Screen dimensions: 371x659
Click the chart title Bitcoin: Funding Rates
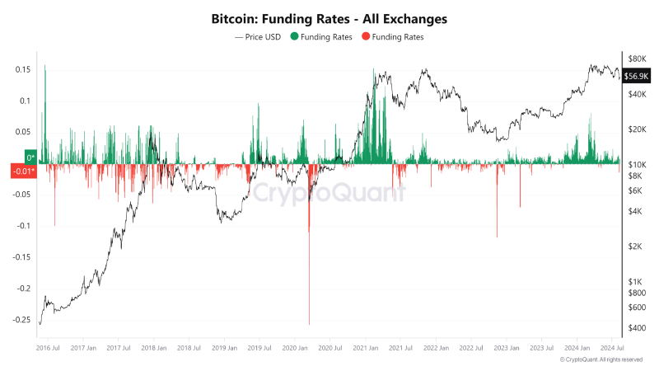(x=329, y=17)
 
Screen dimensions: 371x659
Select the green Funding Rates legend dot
(x=296, y=37)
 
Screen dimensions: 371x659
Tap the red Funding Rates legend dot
(x=367, y=37)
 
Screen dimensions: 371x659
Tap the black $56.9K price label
(x=638, y=76)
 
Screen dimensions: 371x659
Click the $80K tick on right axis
(x=637, y=59)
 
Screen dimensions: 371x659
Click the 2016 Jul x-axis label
(x=48, y=348)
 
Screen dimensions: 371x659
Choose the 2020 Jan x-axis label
(x=295, y=348)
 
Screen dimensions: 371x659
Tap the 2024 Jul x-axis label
(x=611, y=348)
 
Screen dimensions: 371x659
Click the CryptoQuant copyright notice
(x=601, y=360)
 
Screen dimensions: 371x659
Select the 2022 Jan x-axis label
(x=436, y=348)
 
